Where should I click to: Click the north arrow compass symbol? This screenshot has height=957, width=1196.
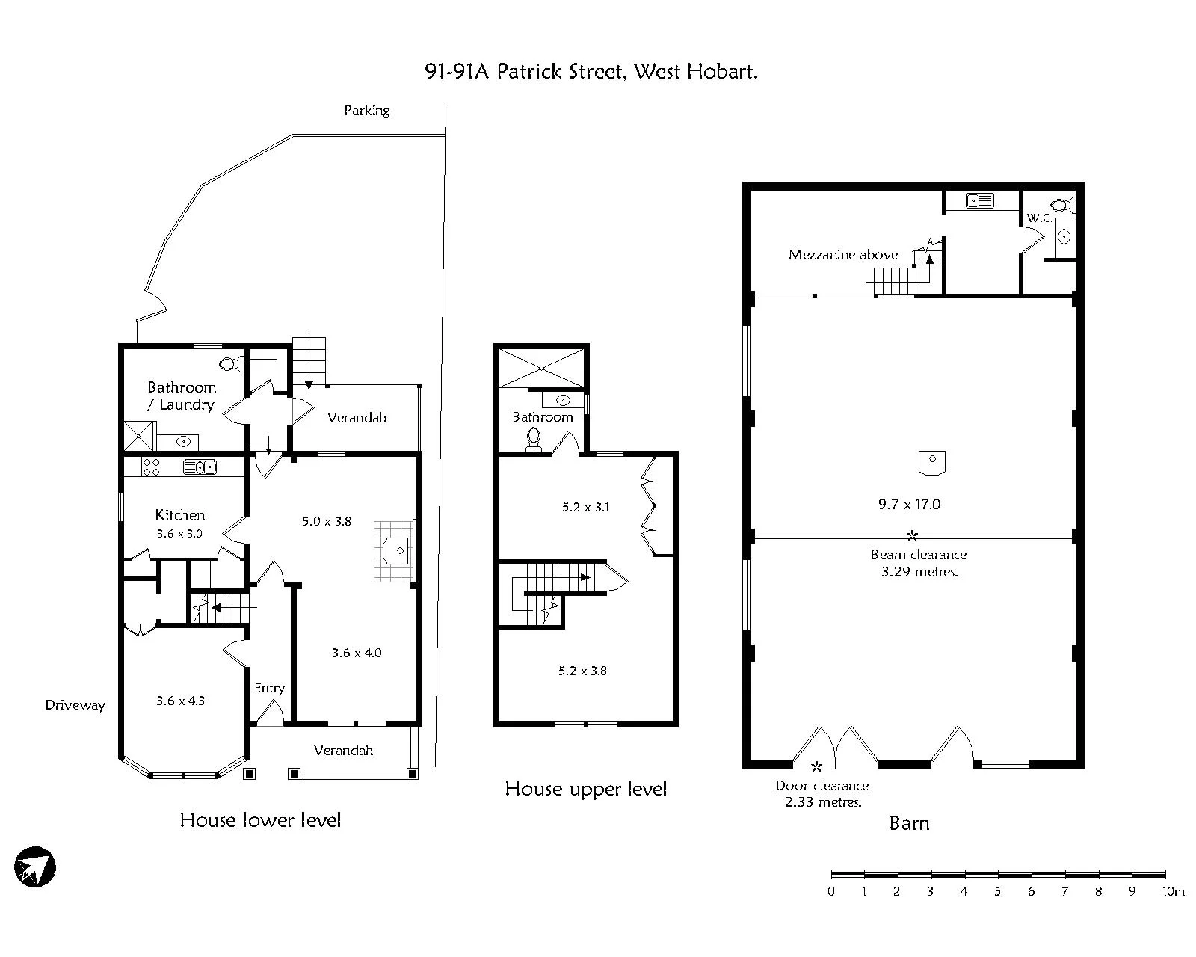[35, 867]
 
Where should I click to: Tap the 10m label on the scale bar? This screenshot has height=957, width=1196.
[1174, 890]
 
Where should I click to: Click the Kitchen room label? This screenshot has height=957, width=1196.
[180, 515]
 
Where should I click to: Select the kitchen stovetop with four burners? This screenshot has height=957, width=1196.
[151, 467]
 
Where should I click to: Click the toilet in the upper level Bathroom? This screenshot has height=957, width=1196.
[534, 438]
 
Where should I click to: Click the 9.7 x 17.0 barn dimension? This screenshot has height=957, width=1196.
[909, 505]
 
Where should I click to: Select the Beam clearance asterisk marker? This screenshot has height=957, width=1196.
[912, 535]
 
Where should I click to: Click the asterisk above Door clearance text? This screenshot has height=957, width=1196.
[816, 767]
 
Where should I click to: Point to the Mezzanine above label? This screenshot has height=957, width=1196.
[843, 255]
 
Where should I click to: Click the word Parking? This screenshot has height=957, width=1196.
[367, 111]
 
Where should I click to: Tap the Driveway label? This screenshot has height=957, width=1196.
[75, 705]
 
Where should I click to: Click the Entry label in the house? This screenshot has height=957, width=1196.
[270, 689]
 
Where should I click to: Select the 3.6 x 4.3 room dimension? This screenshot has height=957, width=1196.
[180, 701]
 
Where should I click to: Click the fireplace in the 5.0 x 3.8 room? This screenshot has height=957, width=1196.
[395, 551]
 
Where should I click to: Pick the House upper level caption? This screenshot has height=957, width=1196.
[586, 789]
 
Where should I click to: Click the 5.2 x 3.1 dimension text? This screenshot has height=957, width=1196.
[586, 507]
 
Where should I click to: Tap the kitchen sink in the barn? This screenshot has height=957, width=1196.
[980, 200]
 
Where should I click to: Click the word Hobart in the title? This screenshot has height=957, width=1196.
[723, 72]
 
